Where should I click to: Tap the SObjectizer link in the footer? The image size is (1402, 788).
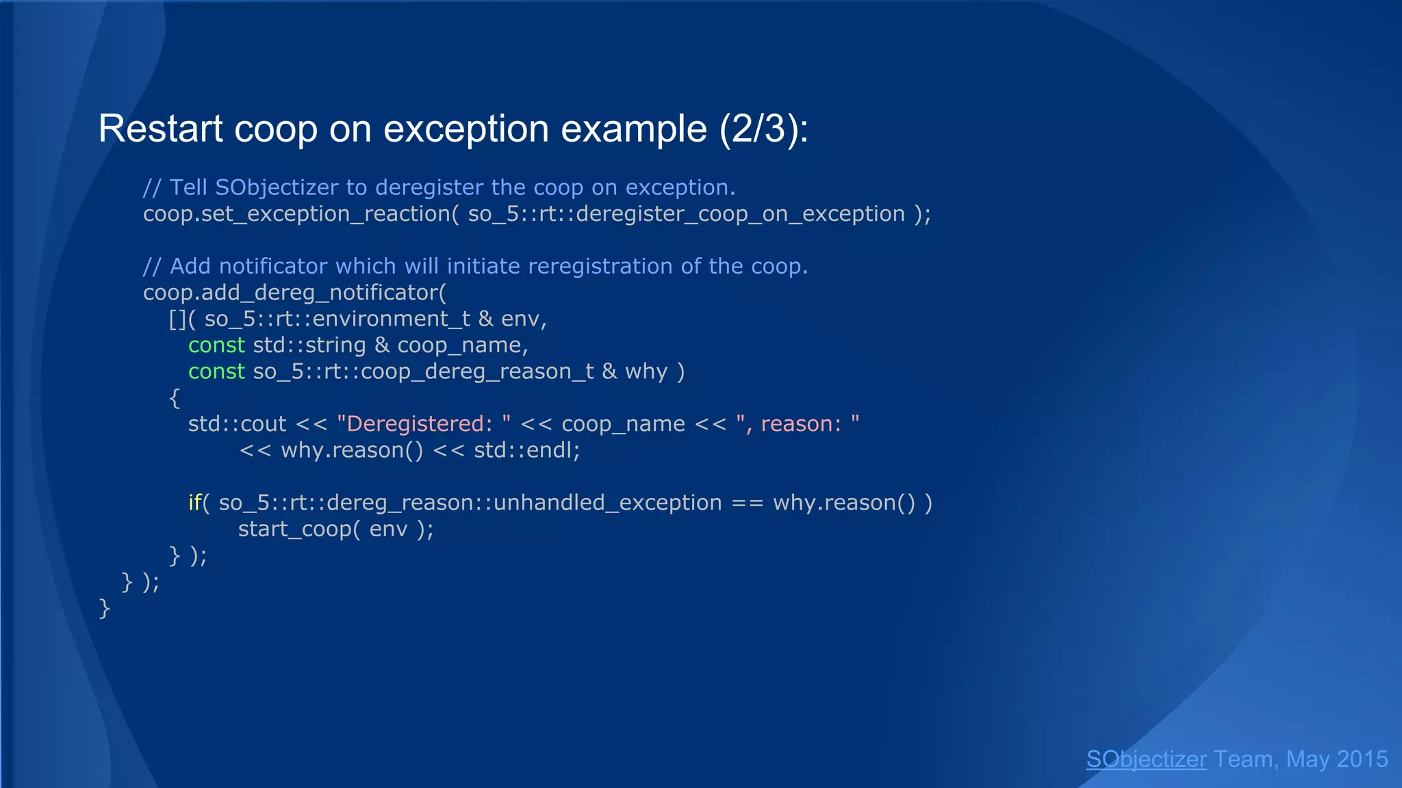[x=1146, y=759]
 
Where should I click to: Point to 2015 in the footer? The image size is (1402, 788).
[x=1362, y=759]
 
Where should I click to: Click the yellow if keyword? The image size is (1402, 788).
[x=194, y=503]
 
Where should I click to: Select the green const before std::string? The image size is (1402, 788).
[x=216, y=345]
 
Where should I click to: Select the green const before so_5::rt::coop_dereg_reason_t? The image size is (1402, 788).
[x=216, y=371]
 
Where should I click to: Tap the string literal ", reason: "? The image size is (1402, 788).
[x=798, y=424]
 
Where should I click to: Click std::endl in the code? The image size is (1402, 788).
[x=526, y=451]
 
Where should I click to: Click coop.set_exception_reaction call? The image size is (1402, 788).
[x=296, y=214]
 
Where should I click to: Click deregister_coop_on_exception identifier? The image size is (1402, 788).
[x=741, y=214]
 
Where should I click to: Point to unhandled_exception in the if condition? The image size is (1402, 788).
[x=607, y=503]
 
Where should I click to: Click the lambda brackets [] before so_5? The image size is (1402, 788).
[x=177, y=319]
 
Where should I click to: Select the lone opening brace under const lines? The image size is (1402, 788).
[x=175, y=398]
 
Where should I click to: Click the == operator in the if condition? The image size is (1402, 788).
[x=747, y=503]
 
